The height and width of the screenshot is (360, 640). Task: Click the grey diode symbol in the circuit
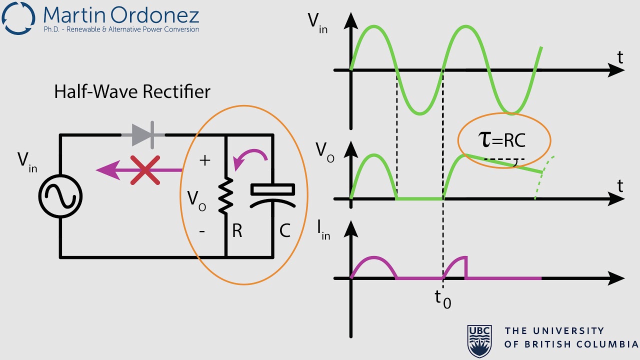coord(143,134)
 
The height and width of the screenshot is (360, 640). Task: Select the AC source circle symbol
coord(61,196)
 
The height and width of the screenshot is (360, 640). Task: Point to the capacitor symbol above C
coord(272,195)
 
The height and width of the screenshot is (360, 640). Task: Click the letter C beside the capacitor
coord(285,231)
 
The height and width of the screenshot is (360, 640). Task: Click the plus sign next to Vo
coord(204,160)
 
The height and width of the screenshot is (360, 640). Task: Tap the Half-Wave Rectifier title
coord(132,92)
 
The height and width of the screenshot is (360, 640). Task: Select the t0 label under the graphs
coord(442,298)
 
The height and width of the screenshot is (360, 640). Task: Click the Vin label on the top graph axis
coord(317,22)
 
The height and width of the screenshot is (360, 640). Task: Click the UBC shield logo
coord(479,339)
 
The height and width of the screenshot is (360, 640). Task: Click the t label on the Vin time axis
coord(620,57)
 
